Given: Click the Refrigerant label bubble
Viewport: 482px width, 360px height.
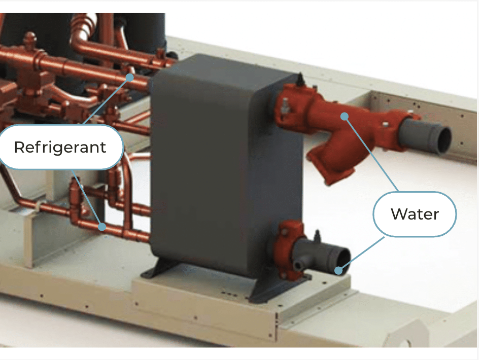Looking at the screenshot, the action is tap(60, 147).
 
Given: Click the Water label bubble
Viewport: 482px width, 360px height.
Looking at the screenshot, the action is tap(415, 214).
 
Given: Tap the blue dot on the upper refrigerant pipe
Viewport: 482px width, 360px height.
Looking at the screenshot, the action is tap(130, 78).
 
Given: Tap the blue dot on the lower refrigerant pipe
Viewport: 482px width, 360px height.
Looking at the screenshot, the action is tap(102, 227).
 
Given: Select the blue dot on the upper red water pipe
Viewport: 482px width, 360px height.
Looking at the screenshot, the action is tap(345, 116).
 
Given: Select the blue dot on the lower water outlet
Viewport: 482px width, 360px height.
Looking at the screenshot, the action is tap(338, 270).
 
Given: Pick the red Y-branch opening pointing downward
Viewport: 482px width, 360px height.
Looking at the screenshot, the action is tap(326, 166).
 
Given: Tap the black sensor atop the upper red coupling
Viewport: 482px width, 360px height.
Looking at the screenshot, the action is tap(300, 79).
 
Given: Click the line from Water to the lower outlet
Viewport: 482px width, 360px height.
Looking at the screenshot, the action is tap(361, 254).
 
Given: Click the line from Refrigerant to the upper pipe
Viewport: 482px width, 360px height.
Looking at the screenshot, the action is tap(106, 101).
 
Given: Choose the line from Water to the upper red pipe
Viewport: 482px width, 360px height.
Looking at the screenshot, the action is tap(371, 154).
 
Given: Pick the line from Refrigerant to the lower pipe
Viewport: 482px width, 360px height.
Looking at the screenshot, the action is tap(87, 198).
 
